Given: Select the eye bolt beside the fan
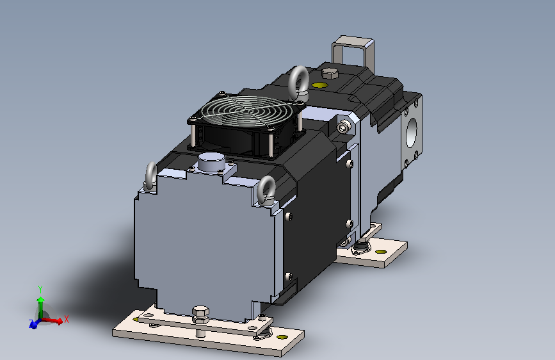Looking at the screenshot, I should pos(299,81).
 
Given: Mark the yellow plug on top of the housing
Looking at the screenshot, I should pos(318,85).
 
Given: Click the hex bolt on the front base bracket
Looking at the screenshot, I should pos(200,314).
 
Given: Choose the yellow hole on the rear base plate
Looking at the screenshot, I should pos(382,252).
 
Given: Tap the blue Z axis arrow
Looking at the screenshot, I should pos(34,324).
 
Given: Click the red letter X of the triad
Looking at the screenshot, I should pos(66,318).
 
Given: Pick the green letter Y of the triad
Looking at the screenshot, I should pos(40,288).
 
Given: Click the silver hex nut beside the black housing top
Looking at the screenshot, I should pos(345,127).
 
